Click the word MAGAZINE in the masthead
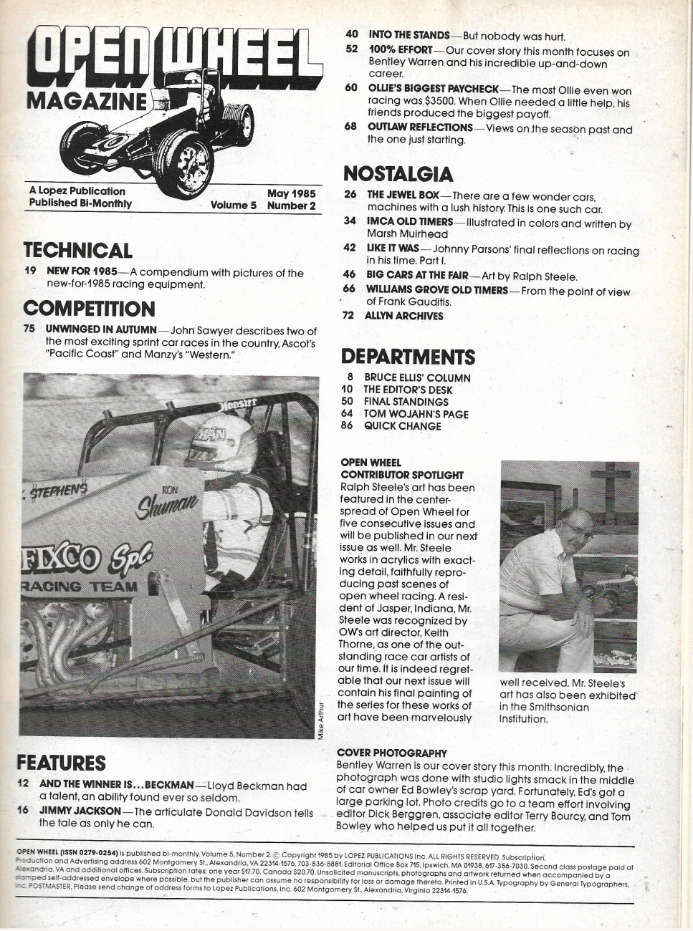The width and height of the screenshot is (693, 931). click(x=86, y=100)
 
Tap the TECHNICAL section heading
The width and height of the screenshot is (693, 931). click(x=77, y=250)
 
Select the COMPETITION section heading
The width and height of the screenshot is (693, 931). click(x=89, y=309)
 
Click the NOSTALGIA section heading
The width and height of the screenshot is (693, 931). click(x=398, y=174)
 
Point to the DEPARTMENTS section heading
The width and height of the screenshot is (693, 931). click(x=408, y=357)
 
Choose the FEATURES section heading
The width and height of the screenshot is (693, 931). click(x=61, y=763)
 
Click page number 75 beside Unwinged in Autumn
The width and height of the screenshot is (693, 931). click(x=29, y=329)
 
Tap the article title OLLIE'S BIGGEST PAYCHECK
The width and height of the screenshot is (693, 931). click(x=433, y=88)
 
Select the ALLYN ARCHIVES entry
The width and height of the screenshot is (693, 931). click(x=403, y=316)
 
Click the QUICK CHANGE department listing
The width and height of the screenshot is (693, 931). click(x=402, y=426)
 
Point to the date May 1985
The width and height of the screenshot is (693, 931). click(x=291, y=193)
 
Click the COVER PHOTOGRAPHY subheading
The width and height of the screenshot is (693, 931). click(x=391, y=753)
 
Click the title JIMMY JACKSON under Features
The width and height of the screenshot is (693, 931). click(x=80, y=811)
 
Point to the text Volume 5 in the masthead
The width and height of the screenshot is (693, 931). click(x=233, y=206)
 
